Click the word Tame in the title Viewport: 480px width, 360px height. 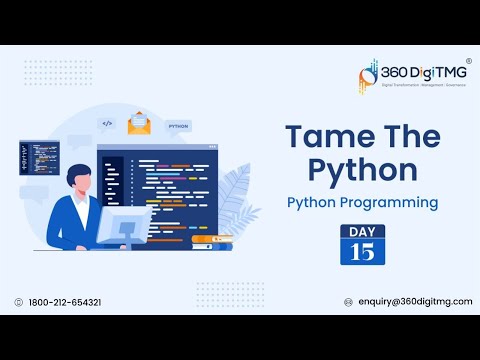(319, 136)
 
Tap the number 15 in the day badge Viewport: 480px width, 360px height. (363, 251)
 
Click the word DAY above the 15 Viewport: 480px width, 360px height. (363, 232)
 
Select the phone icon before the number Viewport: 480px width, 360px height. (19, 302)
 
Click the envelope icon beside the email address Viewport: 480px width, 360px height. (347, 302)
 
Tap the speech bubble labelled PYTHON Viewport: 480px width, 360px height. (179, 127)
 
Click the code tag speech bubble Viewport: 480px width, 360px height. (106, 124)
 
